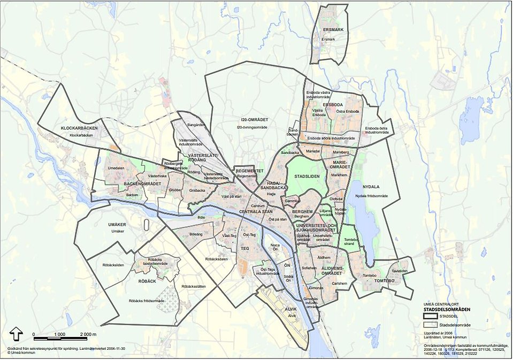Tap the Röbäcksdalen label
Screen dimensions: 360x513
[216, 259]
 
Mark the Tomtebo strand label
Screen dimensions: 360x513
[350, 242]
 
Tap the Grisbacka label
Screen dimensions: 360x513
[197, 190]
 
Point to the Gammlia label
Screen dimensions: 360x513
[293, 201]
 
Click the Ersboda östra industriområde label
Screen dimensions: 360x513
[379, 131]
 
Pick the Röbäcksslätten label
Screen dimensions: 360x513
[194, 287]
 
